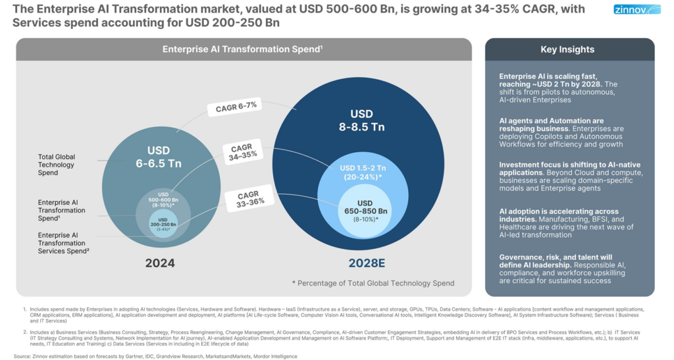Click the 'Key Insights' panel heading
[x=567, y=49]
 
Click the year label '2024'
[x=160, y=263]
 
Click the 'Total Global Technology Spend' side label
[x=57, y=164]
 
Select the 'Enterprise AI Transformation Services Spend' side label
[x=61, y=243]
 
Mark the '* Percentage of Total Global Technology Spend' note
[x=373, y=282]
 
